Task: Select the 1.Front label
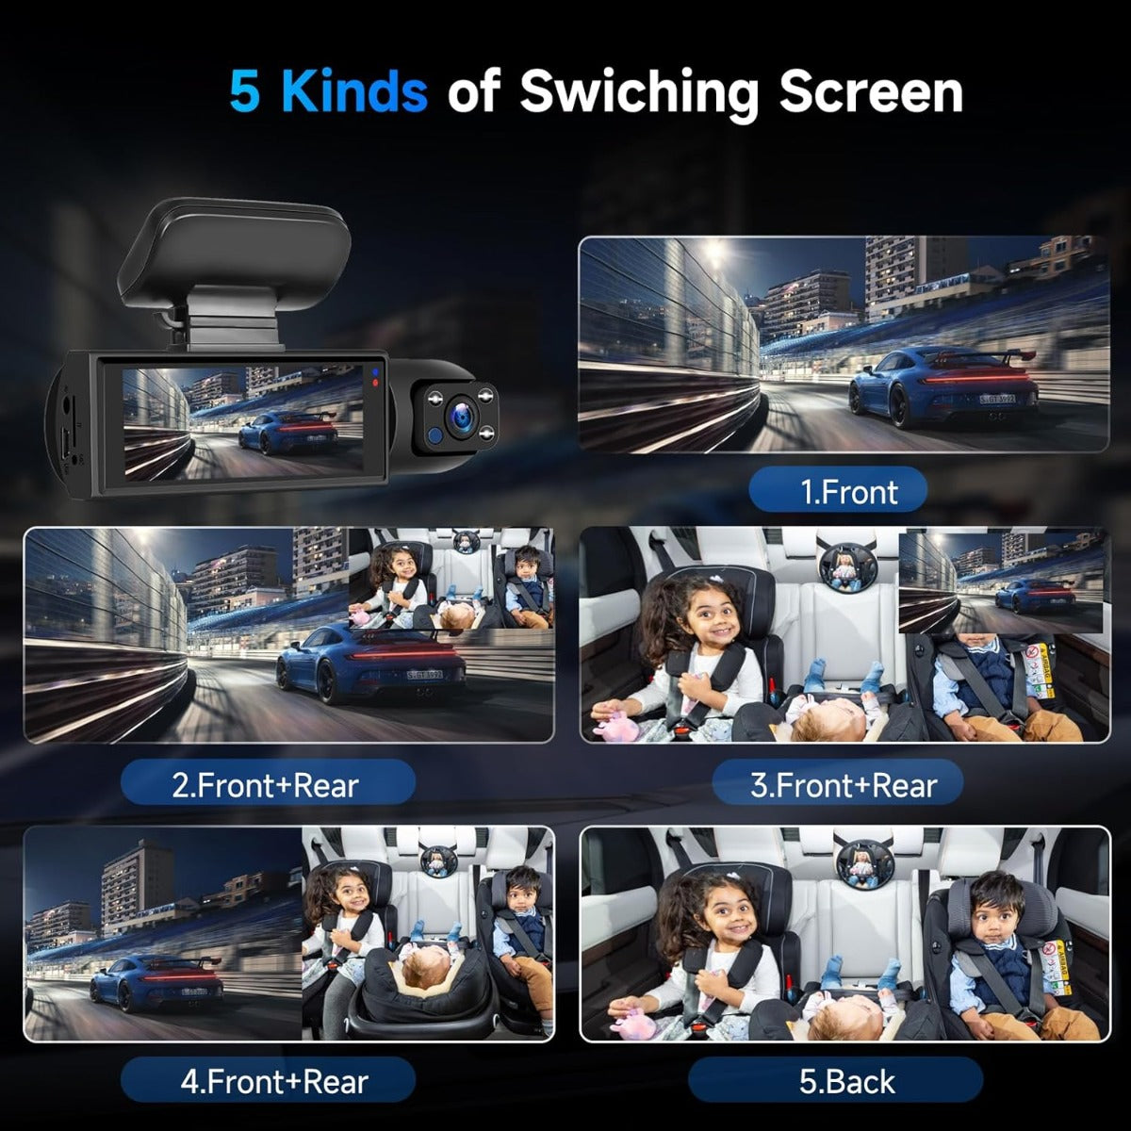(838, 491)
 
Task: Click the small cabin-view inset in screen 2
(451, 579)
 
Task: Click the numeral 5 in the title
(244, 91)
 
